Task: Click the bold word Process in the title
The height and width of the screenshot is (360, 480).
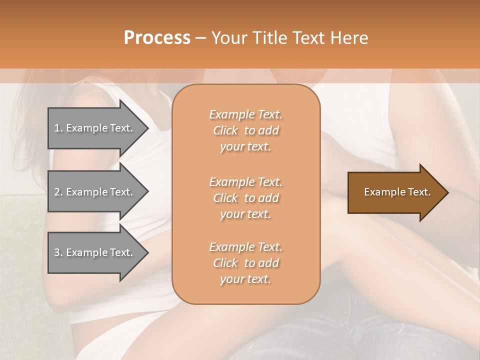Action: [x=157, y=38]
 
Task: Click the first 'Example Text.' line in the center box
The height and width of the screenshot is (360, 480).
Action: [x=245, y=114]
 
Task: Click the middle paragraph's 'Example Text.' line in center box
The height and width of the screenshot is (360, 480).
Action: [x=245, y=182]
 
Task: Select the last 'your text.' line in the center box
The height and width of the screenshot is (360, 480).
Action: [x=245, y=279]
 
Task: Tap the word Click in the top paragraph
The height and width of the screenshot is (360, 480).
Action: [x=225, y=130]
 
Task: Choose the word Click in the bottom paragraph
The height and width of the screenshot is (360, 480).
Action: [x=225, y=263]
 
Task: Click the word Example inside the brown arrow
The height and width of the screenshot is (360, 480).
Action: [x=381, y=192]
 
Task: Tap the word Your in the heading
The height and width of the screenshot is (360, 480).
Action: [x=228, y=38]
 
